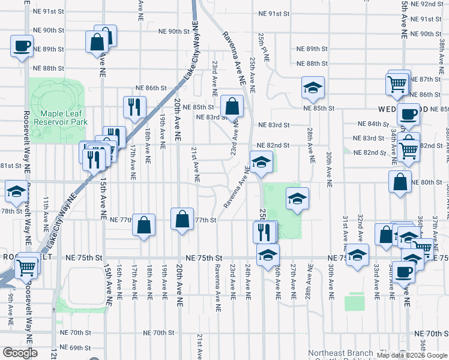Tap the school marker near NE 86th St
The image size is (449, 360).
tap(313, 89)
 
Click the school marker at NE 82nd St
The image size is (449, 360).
tap(261, 163)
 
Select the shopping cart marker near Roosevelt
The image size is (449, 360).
tap(26, 268)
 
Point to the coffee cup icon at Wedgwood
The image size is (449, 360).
tap(409, 114)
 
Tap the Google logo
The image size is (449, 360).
tap(19, 353)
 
